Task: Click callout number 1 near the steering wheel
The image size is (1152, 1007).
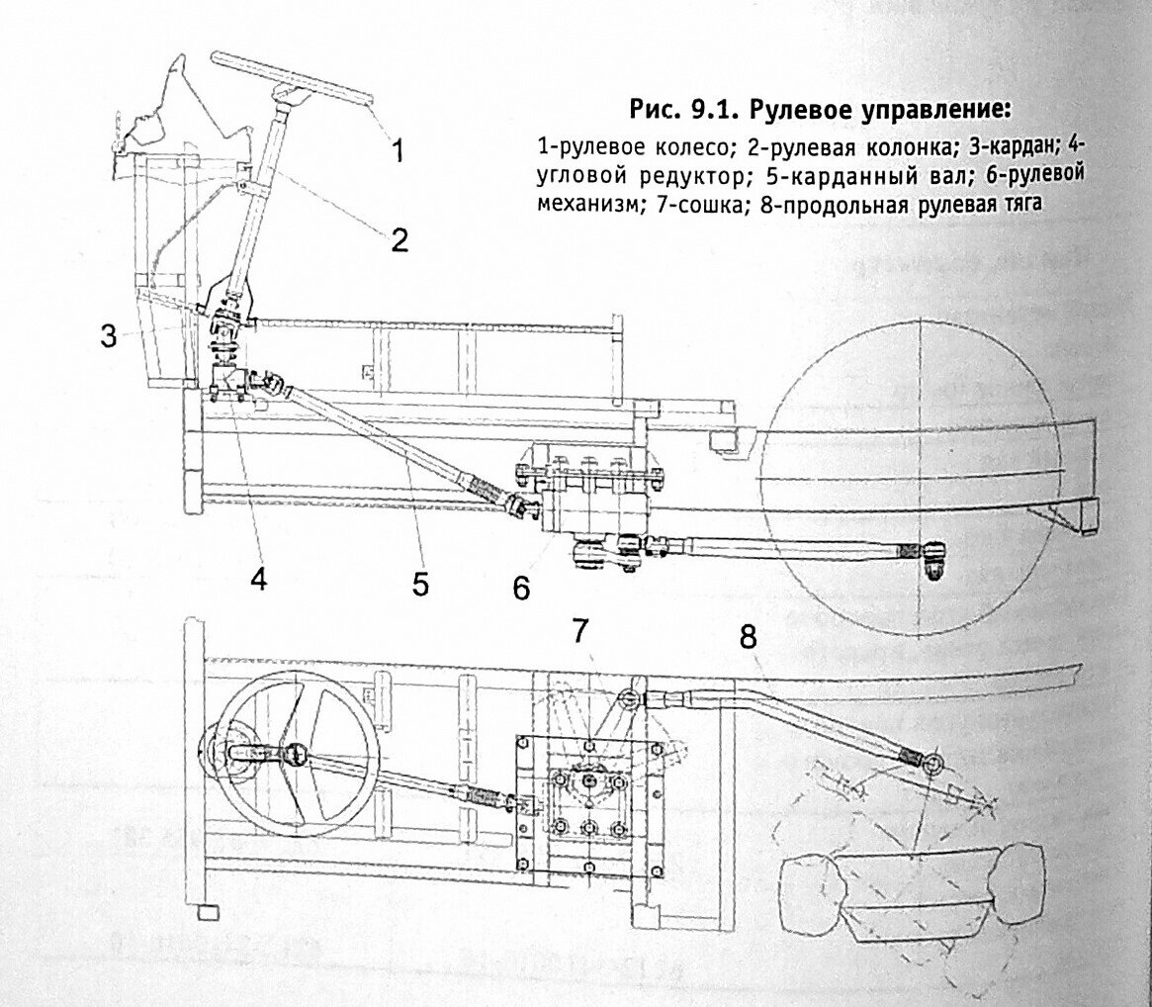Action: (397, 151)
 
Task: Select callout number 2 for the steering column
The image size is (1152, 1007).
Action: (399, 240)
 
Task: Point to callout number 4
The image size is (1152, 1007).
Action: (258, 578)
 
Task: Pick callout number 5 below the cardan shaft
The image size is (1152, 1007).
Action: (420, 584)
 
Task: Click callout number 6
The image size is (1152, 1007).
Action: (521, 588)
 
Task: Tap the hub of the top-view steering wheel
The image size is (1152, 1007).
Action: (296, 756)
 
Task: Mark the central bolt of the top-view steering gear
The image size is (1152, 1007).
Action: (589, 781)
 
